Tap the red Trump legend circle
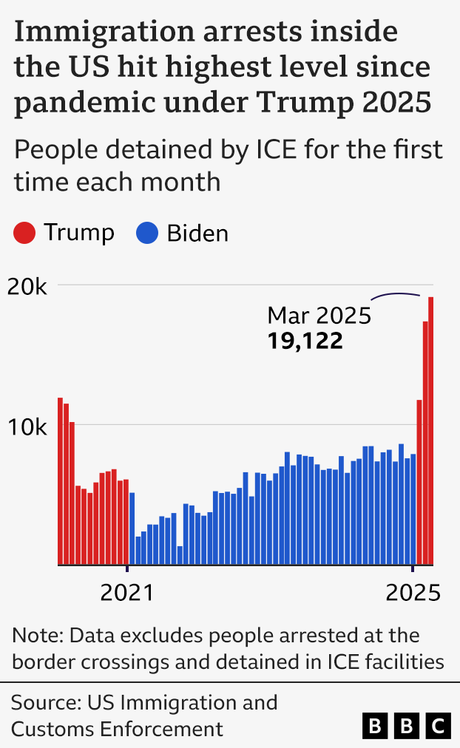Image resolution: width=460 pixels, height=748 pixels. (24, 234)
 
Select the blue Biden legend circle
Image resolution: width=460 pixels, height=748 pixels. (147, 234)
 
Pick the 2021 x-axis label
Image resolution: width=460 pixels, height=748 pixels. (126, 593)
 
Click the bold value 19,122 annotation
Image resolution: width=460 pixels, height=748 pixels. (305, 341)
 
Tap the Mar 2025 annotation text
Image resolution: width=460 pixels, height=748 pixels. (318, 316)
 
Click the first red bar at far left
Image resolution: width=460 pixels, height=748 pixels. (61, 481)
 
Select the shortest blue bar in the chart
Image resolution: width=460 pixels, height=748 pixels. (180, 556)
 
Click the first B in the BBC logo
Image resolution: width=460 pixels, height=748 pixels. (376, 727)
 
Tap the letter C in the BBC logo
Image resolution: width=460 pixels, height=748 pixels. (439, 727)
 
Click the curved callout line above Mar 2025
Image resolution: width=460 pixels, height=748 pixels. (396, 295)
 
